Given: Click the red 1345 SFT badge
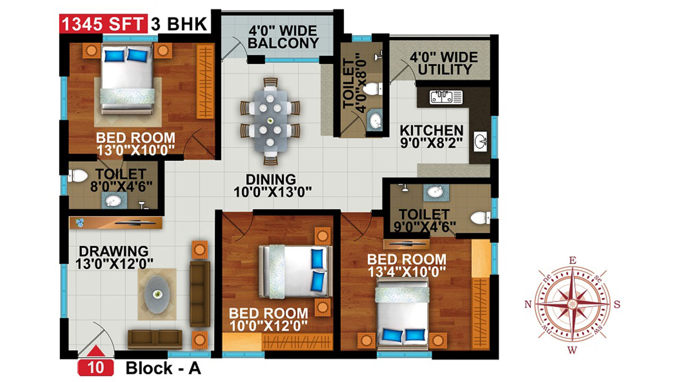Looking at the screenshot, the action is (103, 23).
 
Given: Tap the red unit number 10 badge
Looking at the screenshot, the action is (96, 368).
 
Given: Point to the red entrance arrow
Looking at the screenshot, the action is (96, 351).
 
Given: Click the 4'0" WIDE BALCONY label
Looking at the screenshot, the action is (283, 37).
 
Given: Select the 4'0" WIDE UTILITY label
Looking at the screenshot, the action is (444, 63).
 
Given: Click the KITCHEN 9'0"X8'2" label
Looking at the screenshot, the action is (431, 137).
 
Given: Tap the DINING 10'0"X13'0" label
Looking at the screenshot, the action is (273, 186).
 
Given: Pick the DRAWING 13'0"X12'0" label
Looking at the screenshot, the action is (114, 258).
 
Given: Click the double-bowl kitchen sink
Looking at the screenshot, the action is (446, 97).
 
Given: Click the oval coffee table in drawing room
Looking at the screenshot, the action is (157, 294).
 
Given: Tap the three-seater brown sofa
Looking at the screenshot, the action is (200, 294).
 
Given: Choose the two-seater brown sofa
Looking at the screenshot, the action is (155, 340).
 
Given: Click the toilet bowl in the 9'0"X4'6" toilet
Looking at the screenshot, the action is (480, 218).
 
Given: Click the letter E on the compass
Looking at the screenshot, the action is (572, 261).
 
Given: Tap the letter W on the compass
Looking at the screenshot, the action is (572, 351).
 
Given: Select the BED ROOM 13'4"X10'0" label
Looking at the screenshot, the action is (407, 266).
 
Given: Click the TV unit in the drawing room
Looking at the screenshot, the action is (115, 223).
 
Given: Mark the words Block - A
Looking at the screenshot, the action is (163, 368).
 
